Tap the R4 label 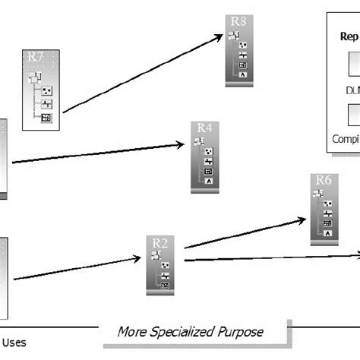[x=204, y=128]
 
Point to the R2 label [x=160, y=242]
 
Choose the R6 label [x=324, y=181]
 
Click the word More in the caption [x=134, y=332]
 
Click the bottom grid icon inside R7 [x=46, y=118]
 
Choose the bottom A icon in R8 [x=242, y=74]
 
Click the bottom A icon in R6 [x=327, y=233]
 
